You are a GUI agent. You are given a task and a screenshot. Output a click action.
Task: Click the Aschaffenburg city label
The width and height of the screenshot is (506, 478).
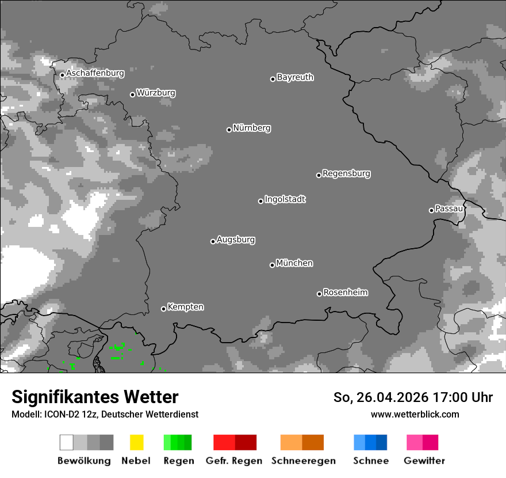pyautogui.click(x=95, y=73)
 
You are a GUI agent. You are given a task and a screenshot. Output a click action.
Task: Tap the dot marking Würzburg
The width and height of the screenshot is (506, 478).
pyautogui.click(x=132, y=94)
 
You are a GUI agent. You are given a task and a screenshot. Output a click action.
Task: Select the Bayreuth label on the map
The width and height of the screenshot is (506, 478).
pyautogui.click(x=295, y=77)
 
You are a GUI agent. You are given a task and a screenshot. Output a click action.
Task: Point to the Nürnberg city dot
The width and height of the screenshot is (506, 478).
pyautogui.click(x=229, y=130)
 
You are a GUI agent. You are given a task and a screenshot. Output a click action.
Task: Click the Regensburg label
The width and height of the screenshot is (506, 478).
pyautogui.click(x=346, y=173)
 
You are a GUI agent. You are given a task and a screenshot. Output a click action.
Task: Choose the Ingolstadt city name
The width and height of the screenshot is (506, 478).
pyautogui.click(x=285, y=199)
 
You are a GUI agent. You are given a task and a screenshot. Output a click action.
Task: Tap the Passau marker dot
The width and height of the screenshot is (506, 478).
pyautogui.click(x=431, y=210)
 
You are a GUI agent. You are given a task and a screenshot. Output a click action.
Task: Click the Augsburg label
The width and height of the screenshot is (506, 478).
pyautogui.click(x=236, y=240)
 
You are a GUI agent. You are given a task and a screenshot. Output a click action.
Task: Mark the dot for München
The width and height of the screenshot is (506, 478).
pyautogui.click(x=272, y=265)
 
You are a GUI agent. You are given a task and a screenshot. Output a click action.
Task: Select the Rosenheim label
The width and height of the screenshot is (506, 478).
pyautogui.click(x=345, y=292)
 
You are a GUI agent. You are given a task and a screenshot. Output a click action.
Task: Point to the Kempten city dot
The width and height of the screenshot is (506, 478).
pyautogui.click(x=163, y=309)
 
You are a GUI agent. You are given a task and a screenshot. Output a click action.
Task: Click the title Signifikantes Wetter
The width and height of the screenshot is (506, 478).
pyautogui.click(x=95, y=397)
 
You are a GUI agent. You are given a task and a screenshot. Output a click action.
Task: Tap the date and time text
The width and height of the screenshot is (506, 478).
pyautogui.click(x=413, y=397)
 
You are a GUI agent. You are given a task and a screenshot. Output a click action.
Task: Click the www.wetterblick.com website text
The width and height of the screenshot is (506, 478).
pyautogui.click(x=415, y=414)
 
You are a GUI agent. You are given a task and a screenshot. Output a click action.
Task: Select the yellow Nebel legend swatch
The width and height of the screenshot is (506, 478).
pyautogui.click(x=136, y=442)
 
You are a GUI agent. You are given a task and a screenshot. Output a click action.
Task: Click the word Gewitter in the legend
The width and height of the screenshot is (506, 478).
pyautogui.click(x=424, y=461)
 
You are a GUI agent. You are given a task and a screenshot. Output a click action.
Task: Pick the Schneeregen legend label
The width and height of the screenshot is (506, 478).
pyautogui.click(x=303, y=461)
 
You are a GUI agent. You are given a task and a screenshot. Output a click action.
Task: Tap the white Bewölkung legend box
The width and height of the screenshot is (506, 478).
pyautogui.click(x=67, y=442)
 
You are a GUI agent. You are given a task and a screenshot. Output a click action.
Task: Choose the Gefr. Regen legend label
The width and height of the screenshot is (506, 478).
pyautogui.click(x=233, y=461)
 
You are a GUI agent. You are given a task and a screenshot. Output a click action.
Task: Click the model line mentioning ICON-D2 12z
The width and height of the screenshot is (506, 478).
pyautogui.click(x=105, y=414)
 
